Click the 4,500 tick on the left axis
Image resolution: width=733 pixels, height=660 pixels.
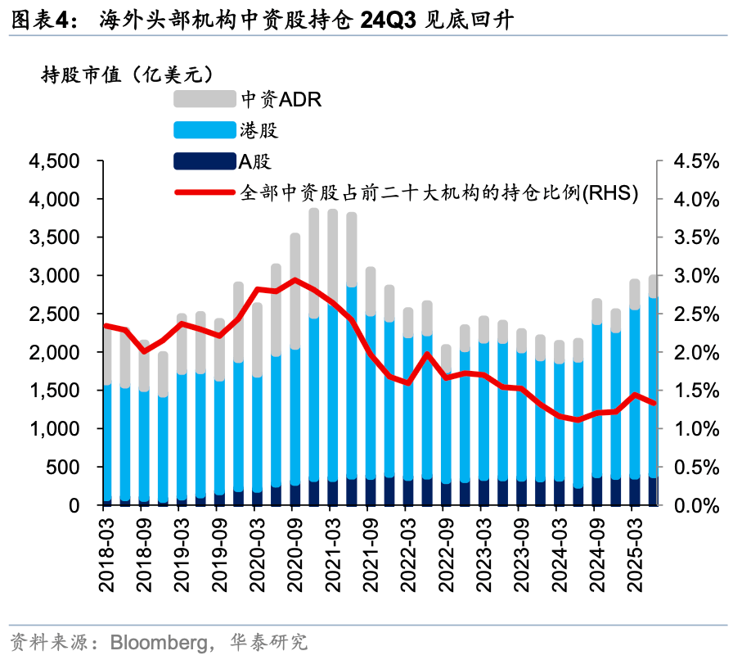[55, 161]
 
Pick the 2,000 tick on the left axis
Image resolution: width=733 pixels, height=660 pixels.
[55, 352]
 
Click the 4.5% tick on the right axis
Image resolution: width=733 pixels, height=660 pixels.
[695, 161]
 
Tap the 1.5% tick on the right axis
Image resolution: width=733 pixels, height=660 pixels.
[695, 391]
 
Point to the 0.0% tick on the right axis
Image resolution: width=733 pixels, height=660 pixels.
[695, 505]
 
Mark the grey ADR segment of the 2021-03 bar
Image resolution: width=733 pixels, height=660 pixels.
[332, 254]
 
